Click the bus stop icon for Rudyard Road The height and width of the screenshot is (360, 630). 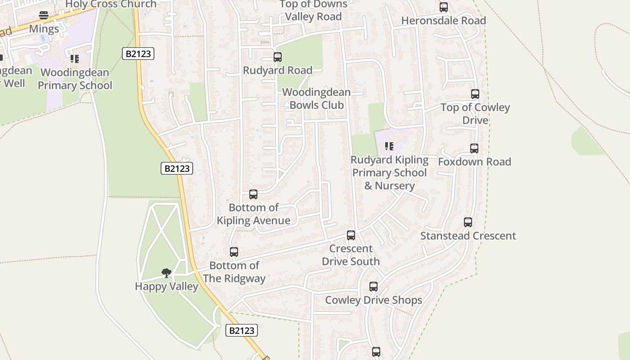[x=278, y=57]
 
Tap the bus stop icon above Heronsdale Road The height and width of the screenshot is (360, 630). [x=444, y=7]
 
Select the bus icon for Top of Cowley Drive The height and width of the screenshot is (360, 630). [x=475, y=94]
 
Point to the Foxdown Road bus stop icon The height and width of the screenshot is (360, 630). [x=474, y=148]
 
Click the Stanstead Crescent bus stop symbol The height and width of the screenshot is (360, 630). [x=468, y=222]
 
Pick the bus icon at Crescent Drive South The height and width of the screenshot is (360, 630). [x=351, y=235]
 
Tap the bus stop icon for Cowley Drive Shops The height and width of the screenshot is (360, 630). [x=373, y=287]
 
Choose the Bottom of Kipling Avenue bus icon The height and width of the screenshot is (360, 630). [x=253, y=194]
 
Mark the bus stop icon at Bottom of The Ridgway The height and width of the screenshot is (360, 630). [x=234, y=252]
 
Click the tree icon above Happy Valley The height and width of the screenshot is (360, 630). [x=166, y=273]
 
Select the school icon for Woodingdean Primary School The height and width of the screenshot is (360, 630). [x=75, y=59]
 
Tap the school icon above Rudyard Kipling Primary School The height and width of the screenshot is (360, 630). [x=389, y=146]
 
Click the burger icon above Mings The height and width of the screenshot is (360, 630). [x=44, y=16]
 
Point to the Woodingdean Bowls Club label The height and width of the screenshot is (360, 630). [x=316, y=99]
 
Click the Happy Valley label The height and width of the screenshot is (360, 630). [x=166, y=286]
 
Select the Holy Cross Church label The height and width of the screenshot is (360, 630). [x=111, y=4]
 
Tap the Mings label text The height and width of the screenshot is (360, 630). [x=44, y=29]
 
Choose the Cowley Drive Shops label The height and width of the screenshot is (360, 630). [x=373, y=300]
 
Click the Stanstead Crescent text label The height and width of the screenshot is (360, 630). [x=468, y=236]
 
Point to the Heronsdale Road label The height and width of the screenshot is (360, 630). [x=444, y=21]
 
